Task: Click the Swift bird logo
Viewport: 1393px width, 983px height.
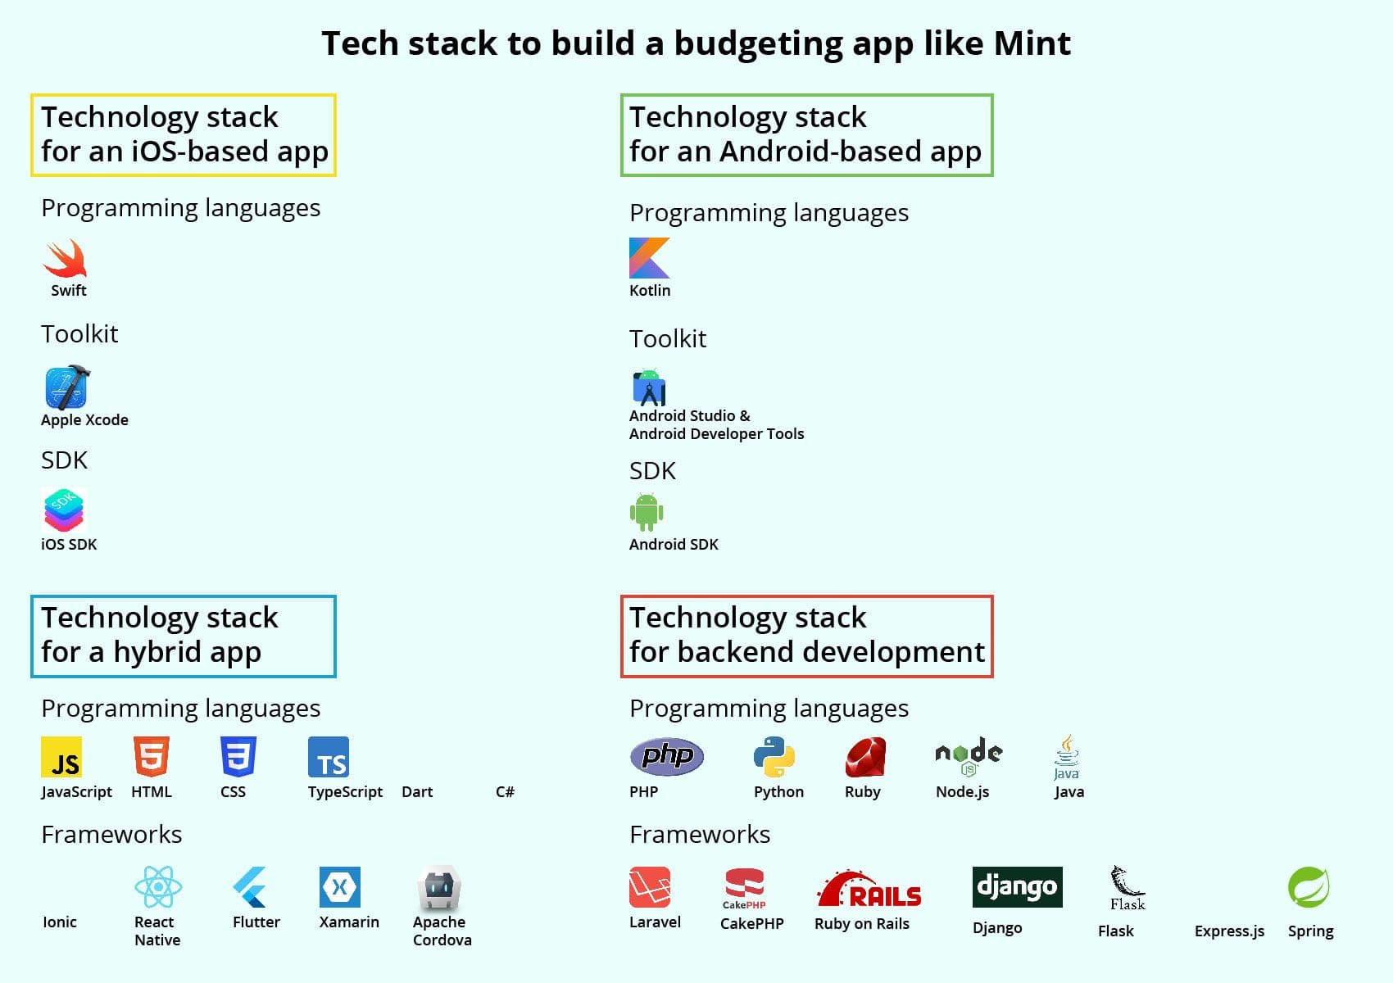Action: [66, 258]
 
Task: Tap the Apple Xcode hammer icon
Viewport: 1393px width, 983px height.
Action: [67, 387]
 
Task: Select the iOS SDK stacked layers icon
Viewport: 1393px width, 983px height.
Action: [63, 510]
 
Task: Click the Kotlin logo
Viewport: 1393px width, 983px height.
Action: [649, 257]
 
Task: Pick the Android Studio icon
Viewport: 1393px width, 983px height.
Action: [649, 387]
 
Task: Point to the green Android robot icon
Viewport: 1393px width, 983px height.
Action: [647, 512]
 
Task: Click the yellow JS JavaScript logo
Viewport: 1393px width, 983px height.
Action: [61, 757]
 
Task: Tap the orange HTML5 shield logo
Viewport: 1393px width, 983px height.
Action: [152, 756]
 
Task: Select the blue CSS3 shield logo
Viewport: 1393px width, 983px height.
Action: [238, 756]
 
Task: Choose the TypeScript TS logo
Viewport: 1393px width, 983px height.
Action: [329, 757]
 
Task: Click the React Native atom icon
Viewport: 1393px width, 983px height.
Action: [159, 886]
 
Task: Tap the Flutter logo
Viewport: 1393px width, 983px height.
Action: [250, 887]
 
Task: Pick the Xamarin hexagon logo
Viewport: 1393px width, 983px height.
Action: [339, 886]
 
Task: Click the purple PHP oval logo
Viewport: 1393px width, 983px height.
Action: [667, 756]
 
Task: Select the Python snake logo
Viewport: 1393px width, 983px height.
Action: [774, 757]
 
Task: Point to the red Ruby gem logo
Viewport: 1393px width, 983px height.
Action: [865, 757]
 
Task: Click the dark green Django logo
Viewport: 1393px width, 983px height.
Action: [1017, 886]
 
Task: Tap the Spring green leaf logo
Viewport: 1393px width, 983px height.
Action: [1309, 886]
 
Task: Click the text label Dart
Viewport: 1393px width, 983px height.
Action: [417, 791]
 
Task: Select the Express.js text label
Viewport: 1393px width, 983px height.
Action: [1229, 931]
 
